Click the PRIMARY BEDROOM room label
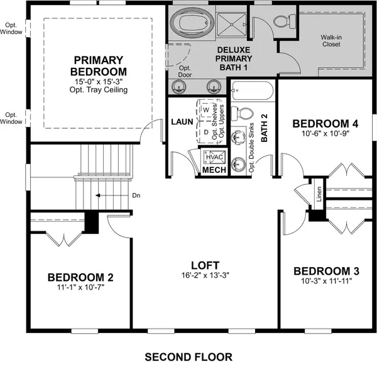point(99,65)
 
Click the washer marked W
point(205,109)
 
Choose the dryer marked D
point(205,132)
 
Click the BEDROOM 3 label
point(327,271)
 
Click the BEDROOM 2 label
point(80,277)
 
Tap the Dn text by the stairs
point(136,195)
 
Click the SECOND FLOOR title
point(188,357)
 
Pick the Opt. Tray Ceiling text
point(99,90)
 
